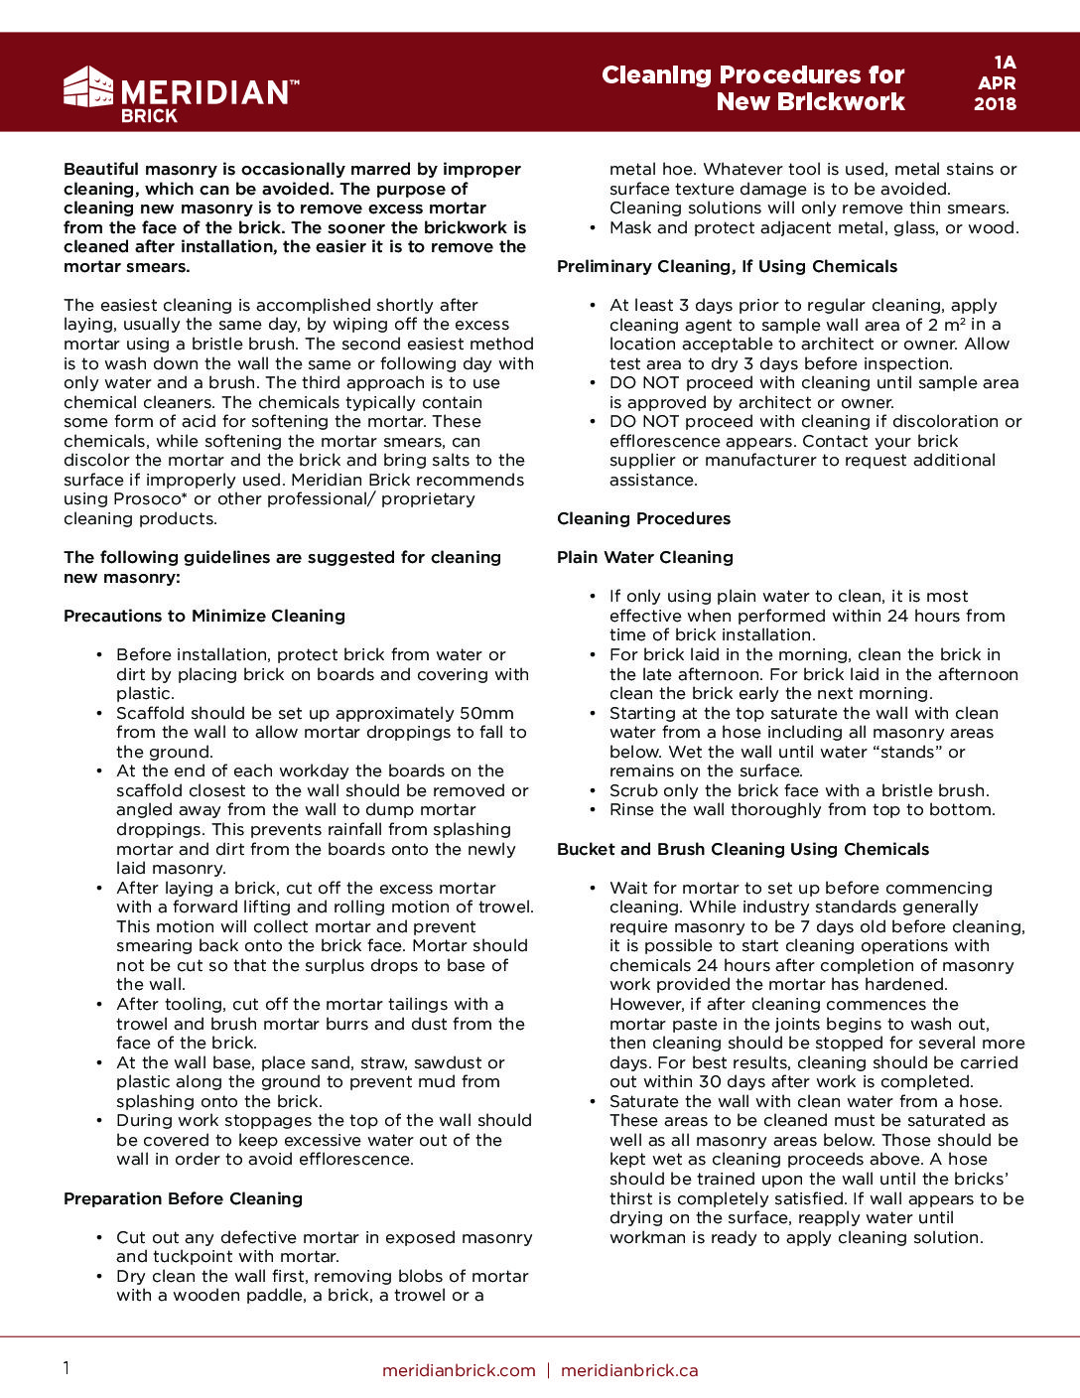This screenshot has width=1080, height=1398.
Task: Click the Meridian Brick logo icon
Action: tap(88, 87)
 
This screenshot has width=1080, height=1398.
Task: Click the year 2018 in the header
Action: tap(995, 104)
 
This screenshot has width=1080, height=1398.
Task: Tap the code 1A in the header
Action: tap(1005, 63)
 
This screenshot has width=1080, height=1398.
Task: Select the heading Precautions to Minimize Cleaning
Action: tap(204, 616)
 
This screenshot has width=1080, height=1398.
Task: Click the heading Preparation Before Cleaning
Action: tap(183, 1198)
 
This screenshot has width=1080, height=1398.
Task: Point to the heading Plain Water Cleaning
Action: tap(645, 557)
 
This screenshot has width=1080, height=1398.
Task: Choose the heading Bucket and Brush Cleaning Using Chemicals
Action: tap(742, 849)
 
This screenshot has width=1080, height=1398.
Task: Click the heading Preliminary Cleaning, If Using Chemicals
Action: tap(727, 266)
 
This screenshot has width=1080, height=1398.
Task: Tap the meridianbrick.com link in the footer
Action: tap(459, 1370)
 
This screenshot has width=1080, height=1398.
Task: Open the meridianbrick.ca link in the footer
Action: tap(629, 1370)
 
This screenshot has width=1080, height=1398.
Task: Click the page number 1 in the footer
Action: tap(67, 1368)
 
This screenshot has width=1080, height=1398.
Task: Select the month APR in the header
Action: tap(996, 83)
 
